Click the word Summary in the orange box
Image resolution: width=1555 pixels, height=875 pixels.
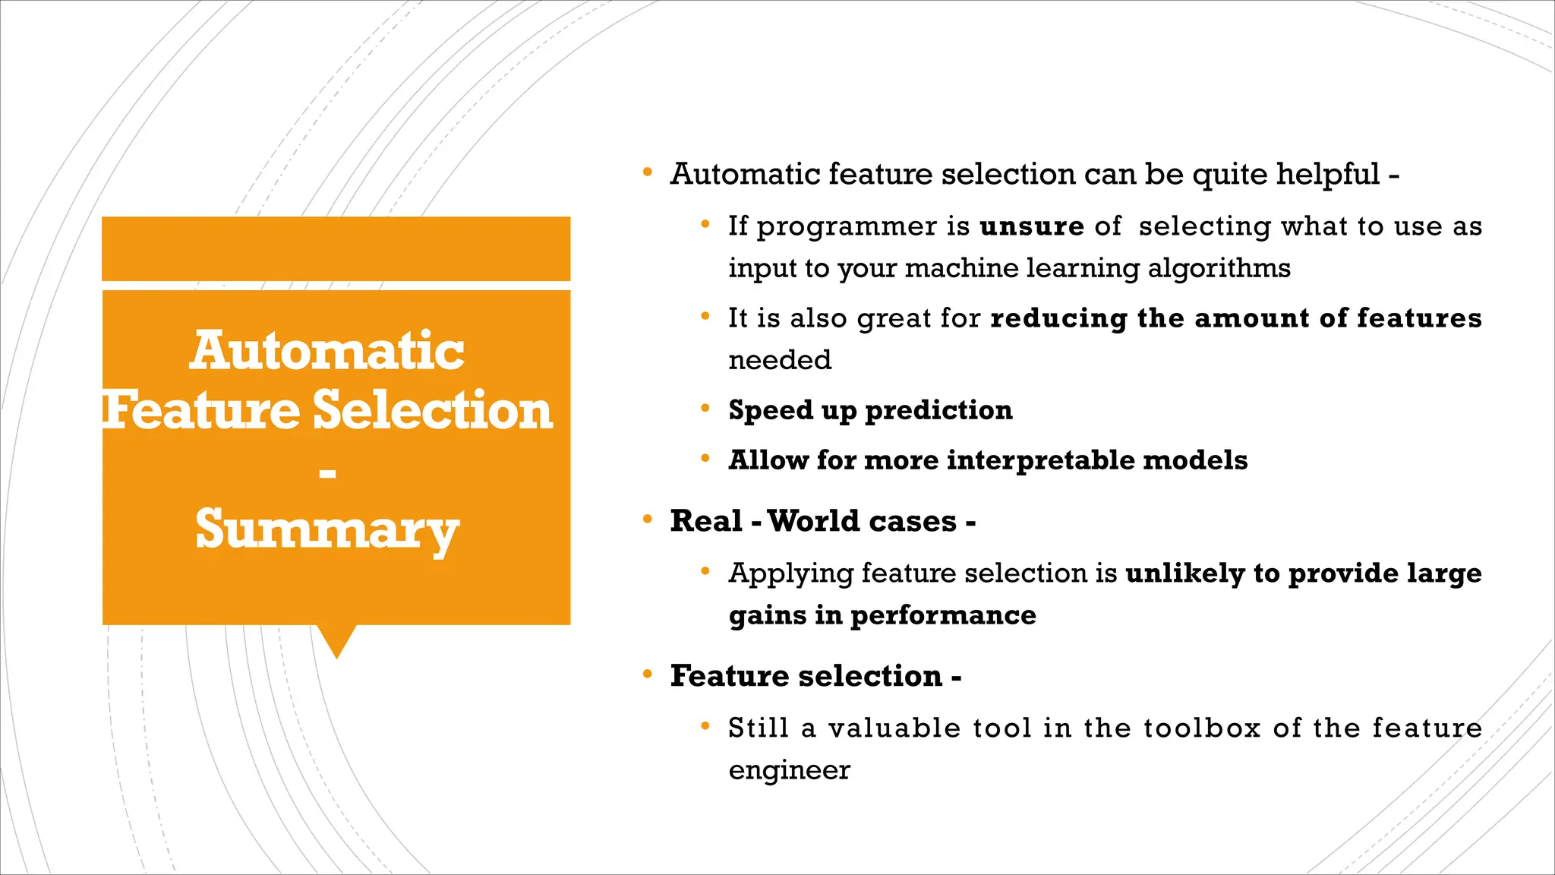pyautogui.click(x=327, y=529)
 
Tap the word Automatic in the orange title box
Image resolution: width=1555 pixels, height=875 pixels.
pyautogui.click(x=327, y=351)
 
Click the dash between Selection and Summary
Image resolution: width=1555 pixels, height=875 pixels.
pyautogui.click(x=327, y=474)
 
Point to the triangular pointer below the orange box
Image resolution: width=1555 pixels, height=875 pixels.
pyautogui.click(x=336, y=640)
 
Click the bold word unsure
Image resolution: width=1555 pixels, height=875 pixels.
pyautogui.click(x=1032, y=226)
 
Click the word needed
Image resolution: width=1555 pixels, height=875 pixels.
pyautogui.click(x=780, y=360)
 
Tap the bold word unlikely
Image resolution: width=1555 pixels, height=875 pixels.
pyautogui.click(x=1184, y=573)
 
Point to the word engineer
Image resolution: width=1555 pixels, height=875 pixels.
pyautogui.click(x=789, y=771)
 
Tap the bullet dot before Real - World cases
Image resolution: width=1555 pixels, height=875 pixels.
pyautogui.click(x=648, y=520)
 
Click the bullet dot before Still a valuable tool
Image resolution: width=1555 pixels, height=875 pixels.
pyautogui.click(x=705, y=727)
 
